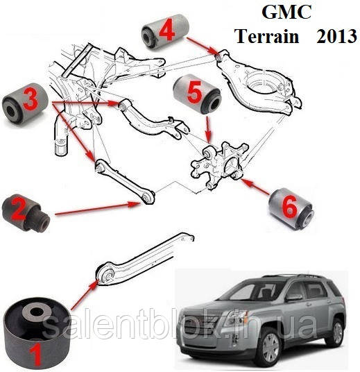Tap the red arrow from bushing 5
pyautogui.click(x=209, y=128)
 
